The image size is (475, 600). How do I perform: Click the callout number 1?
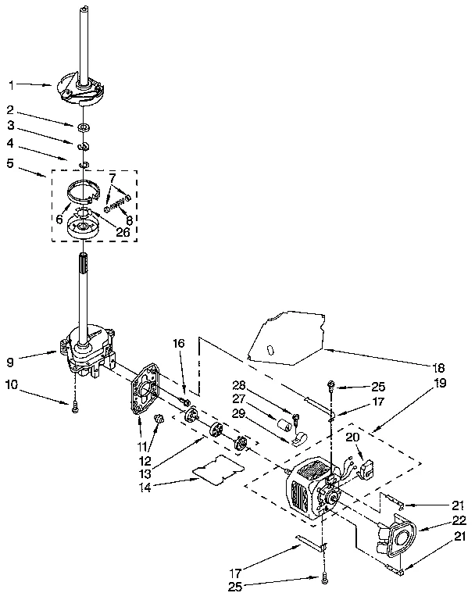pos(12,84)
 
